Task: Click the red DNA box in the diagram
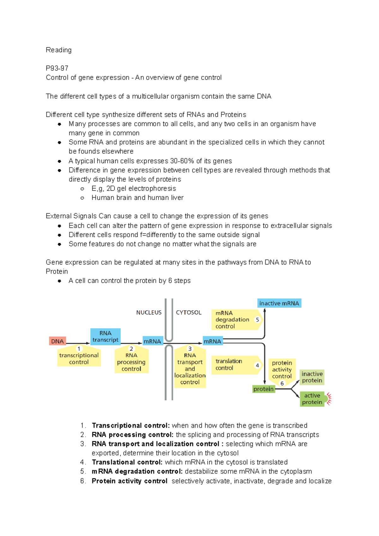[57, 341]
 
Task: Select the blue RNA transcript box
[105, 336]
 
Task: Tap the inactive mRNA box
[279, 303]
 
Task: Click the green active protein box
[312, 399]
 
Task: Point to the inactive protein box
[312, 377]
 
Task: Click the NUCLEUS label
[149, 313]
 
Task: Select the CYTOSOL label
[189, 313]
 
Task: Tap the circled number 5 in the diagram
[257, 320]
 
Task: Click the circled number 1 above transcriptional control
[79, 348]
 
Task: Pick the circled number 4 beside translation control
[257, 365]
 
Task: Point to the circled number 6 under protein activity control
[282, 384]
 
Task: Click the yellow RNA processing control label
[131, 362]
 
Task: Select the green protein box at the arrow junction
[263, 389]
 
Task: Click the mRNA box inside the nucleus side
[152, 341]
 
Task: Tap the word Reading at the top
[59, 50]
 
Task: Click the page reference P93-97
[57, 68]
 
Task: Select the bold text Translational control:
[127, 462]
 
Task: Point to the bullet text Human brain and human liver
[137, 198]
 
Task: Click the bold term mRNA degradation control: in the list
[137, 471]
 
